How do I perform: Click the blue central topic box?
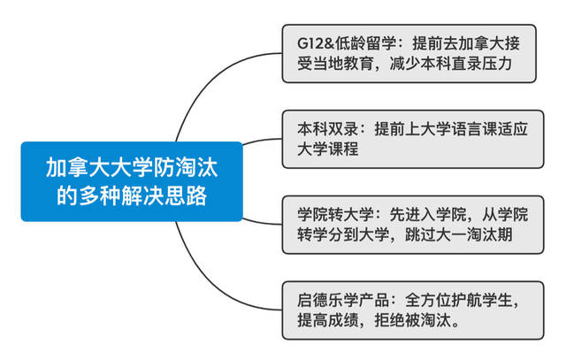tap(132, 181)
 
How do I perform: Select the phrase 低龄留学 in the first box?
tap(365, 43)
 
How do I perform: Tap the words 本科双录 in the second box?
tap(328, 129)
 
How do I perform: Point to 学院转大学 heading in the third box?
tap(336, 214)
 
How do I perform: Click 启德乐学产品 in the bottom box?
tap(343, 300)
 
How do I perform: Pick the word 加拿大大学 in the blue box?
tap(99, 167)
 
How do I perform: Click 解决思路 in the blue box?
tap(164, 195)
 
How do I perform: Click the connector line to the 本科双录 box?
tap(262, 140)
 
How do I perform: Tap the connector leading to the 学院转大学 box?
tap(262, 222)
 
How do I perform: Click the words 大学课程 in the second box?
tap(328, 149)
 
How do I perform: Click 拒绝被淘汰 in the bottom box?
tap(413, 320)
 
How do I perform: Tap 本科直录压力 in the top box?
tap(466, 63)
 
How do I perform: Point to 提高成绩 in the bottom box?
tap(328, 320)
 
